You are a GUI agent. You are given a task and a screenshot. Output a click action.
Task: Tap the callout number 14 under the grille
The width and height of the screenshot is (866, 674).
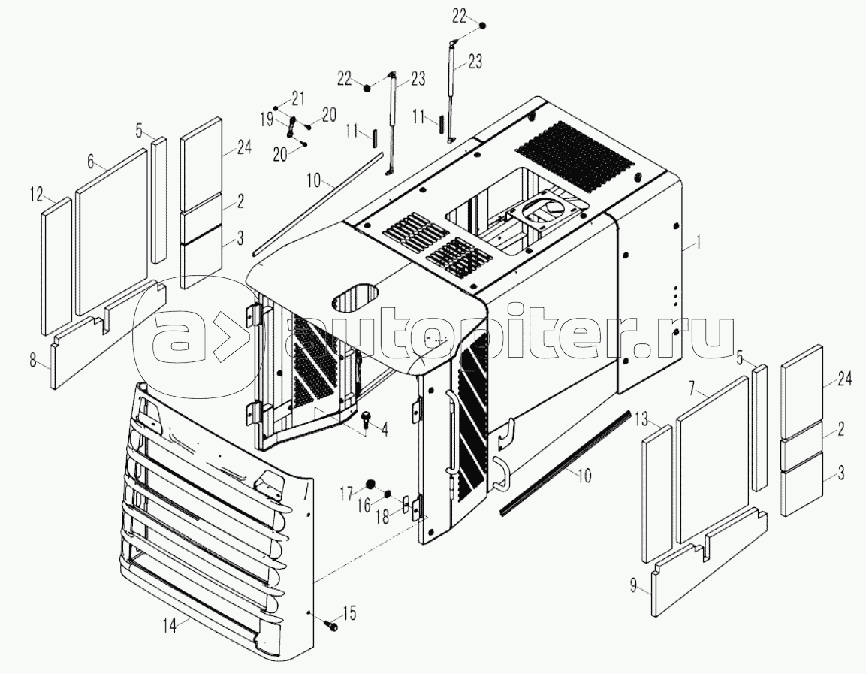(x=170, y=625)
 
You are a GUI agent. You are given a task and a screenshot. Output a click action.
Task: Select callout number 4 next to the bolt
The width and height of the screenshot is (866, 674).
(x=384, y=429)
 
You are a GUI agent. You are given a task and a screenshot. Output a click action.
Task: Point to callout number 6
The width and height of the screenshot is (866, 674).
(x=91, y=161)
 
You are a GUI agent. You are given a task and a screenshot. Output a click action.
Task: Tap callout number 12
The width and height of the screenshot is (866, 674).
(x=36, y=194)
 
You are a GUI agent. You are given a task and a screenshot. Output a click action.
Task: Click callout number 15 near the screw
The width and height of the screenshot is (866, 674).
(x=349, y=612)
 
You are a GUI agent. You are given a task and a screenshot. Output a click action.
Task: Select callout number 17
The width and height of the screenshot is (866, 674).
(x=346, y=493)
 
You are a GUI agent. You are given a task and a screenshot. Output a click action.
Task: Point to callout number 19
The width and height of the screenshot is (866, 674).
(x=267, y=118)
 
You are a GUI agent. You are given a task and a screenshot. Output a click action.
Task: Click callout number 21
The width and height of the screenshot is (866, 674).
(x=297, y=98)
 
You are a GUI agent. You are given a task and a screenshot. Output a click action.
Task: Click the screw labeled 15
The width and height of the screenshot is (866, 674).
(x=331, y=625)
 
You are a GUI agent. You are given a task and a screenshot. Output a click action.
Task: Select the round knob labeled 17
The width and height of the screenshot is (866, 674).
(x=370, y=485)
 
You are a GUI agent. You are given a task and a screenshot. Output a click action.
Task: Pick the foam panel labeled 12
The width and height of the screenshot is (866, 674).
(x=56, y=266)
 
